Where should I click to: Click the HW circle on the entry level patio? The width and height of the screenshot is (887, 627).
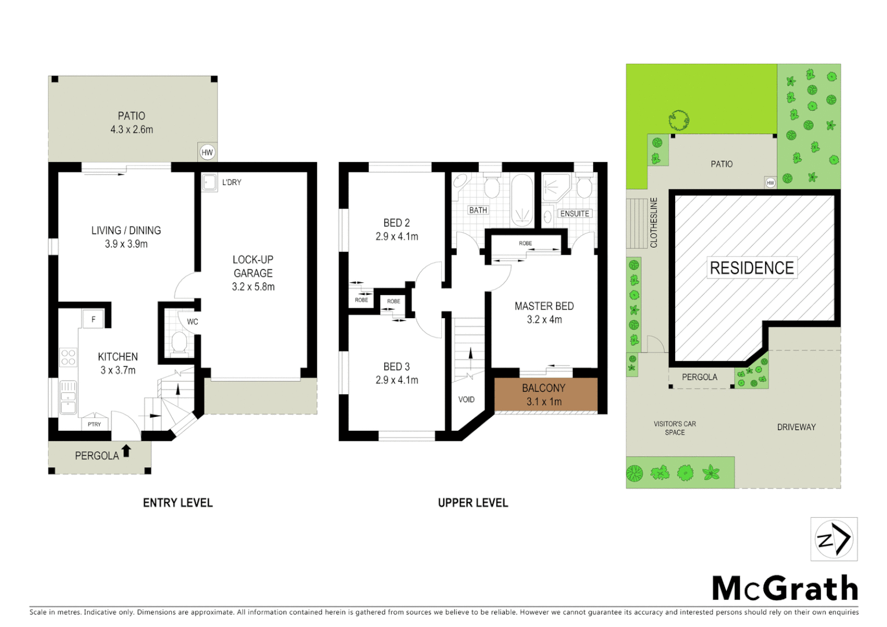click(207, 153)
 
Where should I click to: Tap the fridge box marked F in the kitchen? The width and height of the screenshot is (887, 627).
click(93, 319)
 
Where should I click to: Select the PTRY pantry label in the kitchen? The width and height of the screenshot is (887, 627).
click(94, 424)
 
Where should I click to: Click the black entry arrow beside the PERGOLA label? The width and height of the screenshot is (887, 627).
click(126, 451)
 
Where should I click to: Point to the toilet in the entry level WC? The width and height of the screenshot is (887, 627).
click(179, 343)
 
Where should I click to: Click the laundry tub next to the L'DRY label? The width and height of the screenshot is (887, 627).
click(209, 182)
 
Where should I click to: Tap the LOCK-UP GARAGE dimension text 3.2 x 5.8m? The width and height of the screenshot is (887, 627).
click(253, 287)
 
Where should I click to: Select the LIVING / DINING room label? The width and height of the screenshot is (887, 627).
click(126, 230)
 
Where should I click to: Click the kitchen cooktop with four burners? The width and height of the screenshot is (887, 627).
click(68, 357)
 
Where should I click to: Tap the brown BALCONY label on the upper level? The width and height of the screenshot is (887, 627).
click(543, 388)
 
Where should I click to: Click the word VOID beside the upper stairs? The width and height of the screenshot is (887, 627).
click(466, 399)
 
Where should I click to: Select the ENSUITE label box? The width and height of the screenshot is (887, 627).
click(574, 214)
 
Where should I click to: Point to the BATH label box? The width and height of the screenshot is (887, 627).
click(478, 210)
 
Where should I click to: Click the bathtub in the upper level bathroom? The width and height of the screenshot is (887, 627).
click(522, 200)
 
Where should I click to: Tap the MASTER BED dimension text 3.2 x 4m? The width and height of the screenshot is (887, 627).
click(544, 320)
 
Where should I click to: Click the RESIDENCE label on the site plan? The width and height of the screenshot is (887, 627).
click(752, 268)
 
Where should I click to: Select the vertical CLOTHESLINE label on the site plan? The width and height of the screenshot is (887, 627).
click(654, 222)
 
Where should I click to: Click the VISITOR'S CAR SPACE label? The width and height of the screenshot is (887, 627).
click(675, 428)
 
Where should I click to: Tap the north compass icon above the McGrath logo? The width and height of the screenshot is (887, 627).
click(834, 539)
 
